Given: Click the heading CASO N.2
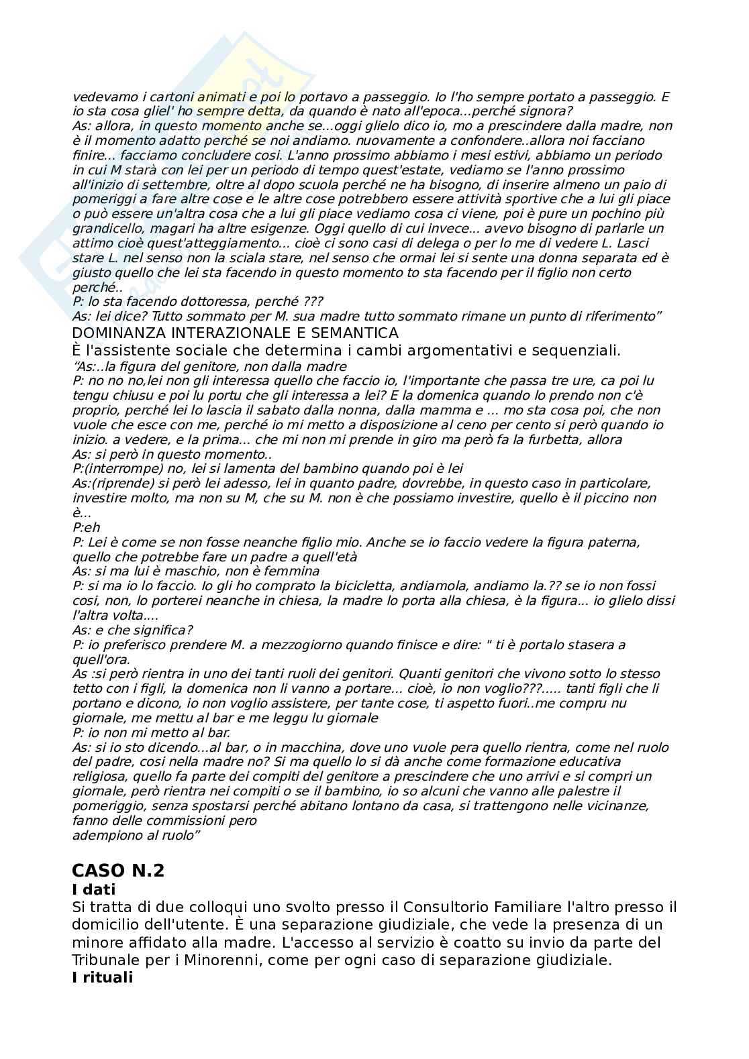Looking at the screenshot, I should tap(117, 871).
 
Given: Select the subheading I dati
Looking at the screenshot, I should tap(93, 889).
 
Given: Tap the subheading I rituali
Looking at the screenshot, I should tap(102, 977).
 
